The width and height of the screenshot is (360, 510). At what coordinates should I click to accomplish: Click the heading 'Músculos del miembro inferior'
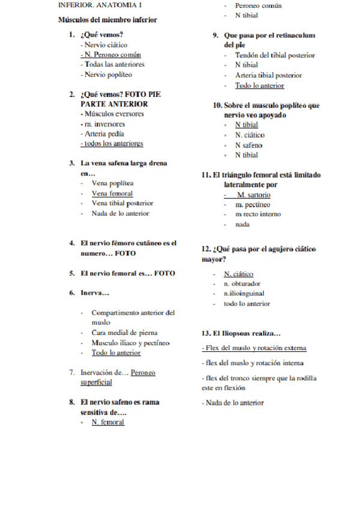pos(107,19)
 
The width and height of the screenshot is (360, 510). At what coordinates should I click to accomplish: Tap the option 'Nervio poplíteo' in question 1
pos(106,75)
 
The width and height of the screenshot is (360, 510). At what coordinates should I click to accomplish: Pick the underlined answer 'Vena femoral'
pos(112,194)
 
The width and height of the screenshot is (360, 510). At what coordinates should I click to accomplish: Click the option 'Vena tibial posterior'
pos(122,203)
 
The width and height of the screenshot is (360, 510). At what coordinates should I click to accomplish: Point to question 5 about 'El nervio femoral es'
pos(127,273)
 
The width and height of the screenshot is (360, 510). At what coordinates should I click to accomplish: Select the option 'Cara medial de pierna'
pos(124,333)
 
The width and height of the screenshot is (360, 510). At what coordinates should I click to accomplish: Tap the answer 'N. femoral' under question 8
pos(108,422)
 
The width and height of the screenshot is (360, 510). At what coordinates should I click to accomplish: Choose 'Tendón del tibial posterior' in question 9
pos(275,55)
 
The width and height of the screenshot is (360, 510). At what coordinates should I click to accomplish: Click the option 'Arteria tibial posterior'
pos(268,75)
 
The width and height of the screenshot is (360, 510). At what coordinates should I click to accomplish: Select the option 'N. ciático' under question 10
pos(249,135)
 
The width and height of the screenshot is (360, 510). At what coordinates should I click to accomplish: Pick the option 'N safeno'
pos(248,145)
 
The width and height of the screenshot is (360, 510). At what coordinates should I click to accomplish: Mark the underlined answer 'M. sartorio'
pos(253,195)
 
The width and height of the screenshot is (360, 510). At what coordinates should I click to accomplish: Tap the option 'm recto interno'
pos(258,214)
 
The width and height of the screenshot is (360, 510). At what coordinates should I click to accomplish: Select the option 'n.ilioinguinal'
pos(243,293)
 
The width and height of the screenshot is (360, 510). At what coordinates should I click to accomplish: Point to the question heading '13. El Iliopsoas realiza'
pos(241,333)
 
